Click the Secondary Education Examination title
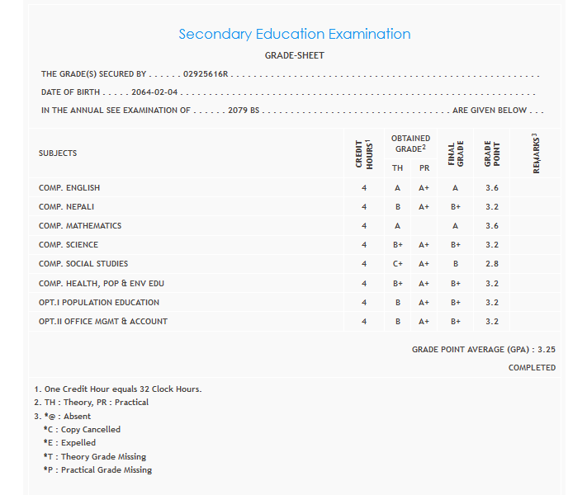[x=294, y=35]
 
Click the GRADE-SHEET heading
[x=294, y=55]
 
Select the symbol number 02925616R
[x=205, y=74]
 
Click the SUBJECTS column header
[x=58, y=153]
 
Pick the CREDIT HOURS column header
[x=363, y=153]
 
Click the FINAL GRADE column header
[x=456, y=153]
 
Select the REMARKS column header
[x=537, y=153]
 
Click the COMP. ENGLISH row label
[x=69, y=188]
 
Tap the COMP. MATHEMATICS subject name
[x=80, y=226]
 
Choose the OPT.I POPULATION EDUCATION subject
[x=99, y=303]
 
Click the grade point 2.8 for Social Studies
[x=492, y=264]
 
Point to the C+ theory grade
[x=398, y=264]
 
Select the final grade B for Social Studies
[x=455, y=264]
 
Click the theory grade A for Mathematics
[x=398, y=226]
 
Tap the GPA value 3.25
[x=547, y=350]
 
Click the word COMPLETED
[x=532, y=368]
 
